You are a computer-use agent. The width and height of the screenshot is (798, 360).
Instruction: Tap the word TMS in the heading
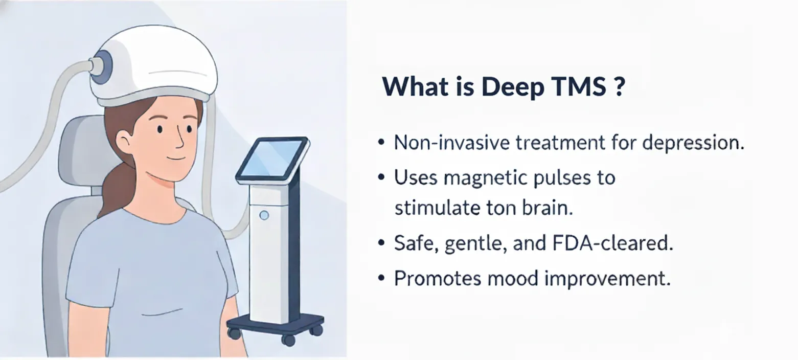point(577,87)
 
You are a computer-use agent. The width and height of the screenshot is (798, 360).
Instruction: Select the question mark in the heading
point(618,87)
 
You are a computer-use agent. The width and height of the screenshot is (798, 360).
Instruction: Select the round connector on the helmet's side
point(103,65)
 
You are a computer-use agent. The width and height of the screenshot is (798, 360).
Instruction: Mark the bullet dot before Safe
point(380,244)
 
